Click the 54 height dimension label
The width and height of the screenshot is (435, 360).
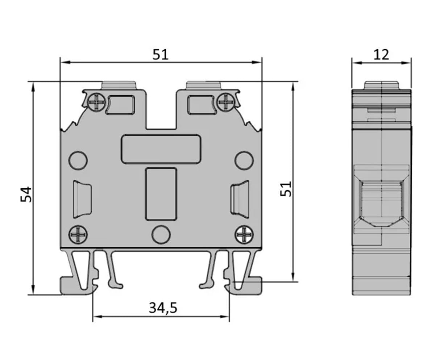click(x=26, y=194)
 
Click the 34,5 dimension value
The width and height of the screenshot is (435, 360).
click(x=163, y=308)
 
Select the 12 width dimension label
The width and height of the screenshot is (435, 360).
click(x=381, y=55)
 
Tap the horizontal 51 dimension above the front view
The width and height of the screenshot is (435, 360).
click(x=160, y=55)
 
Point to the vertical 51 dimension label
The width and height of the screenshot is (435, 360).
click(x=286, y=189)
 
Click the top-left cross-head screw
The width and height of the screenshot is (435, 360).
click(x=97, y=102)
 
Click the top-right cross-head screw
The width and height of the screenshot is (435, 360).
click(x=226, y=102)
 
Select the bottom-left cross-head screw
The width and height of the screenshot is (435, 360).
click(x=78, y=235)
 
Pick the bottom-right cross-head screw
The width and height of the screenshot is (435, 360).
click(x=244, y=235)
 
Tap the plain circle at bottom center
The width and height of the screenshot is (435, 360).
click(x=161, y=235)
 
